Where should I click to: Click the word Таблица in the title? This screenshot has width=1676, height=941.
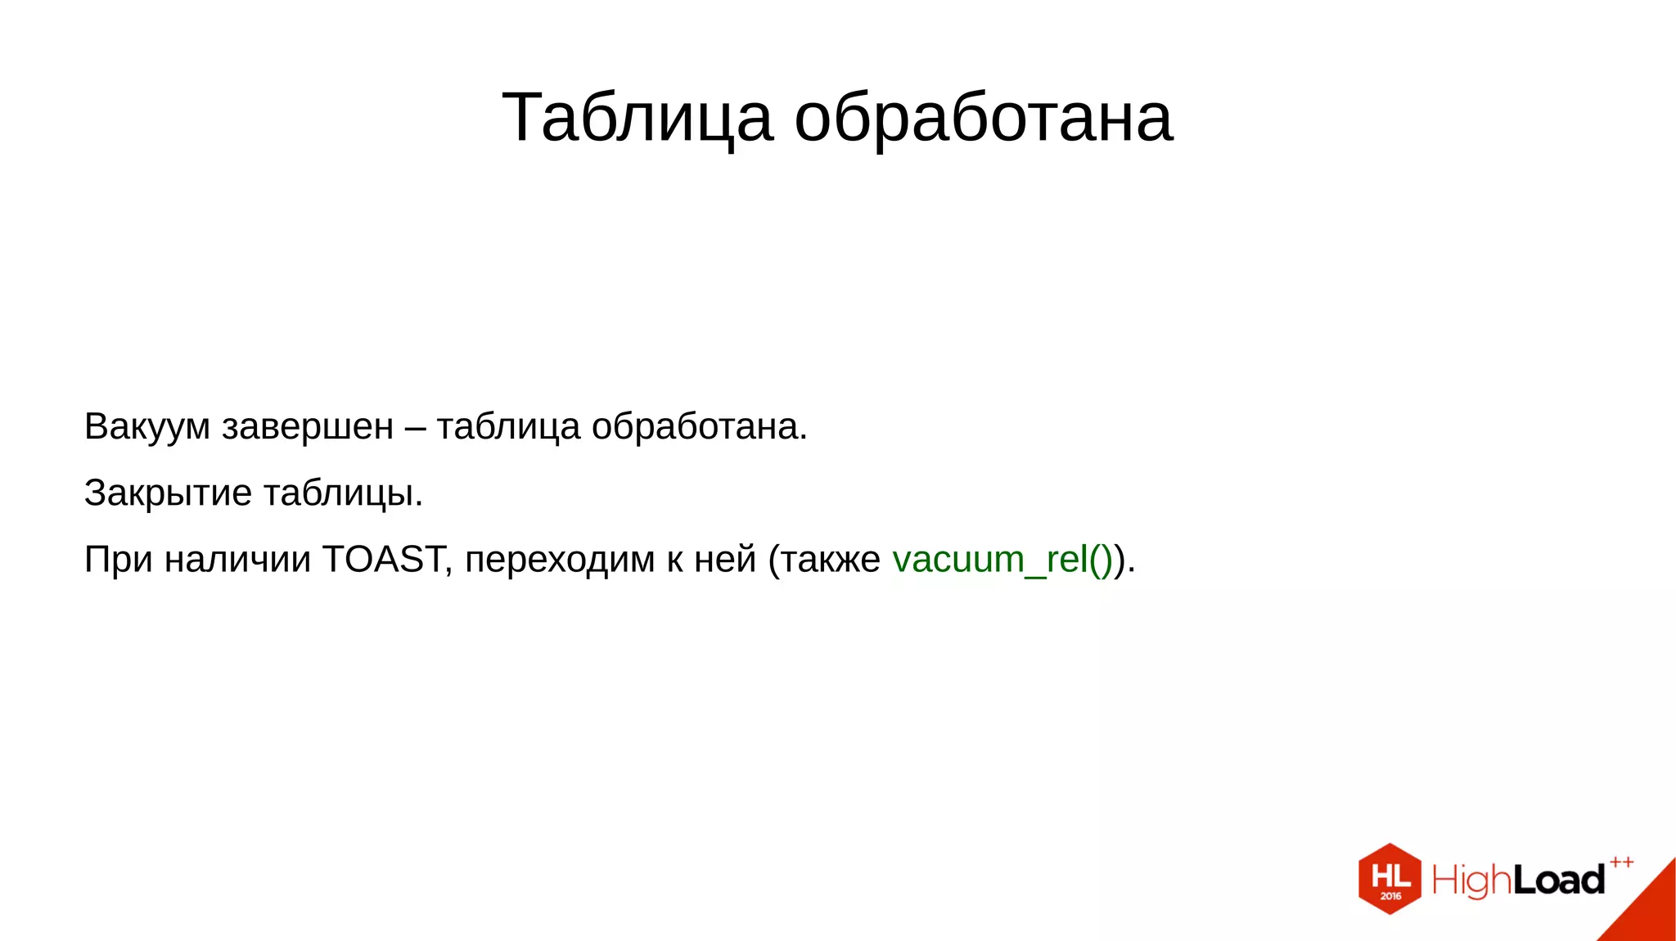pyautogui.click(x=637, y=119)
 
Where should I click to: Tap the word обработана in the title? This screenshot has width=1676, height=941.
pyautogui.click(x=984, y=119)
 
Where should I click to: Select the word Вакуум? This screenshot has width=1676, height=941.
pyautogui.click(x=147, y=427)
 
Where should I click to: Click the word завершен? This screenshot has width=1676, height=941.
pyautogui.click(x=308, y=427)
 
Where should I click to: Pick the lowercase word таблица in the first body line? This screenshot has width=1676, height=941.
pyautogui.click(x=508, y=427)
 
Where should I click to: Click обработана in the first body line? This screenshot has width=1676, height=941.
pyautogui.click(x=699, y=427)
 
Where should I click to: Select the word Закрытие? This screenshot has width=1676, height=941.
pyautogui.click(x=168, y=493)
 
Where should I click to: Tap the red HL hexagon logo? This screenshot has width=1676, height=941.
pyautogui.click(x=1390, y=879)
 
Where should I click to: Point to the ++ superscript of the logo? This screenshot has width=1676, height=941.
pyautogui.click(x=1621, y=862)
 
